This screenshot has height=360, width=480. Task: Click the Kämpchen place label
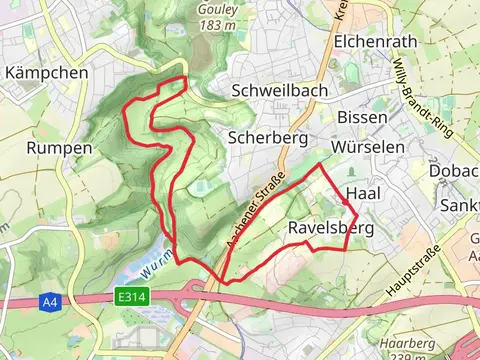(46, 73)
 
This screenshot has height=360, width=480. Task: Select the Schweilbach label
(277, 90)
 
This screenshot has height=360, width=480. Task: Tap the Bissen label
(362, 117)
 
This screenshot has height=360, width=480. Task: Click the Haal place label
(360, 193)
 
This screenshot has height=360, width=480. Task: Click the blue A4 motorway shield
(50, 301)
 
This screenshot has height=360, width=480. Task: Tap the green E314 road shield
(129, 296)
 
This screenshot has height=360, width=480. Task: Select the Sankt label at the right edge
(460, 205)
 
